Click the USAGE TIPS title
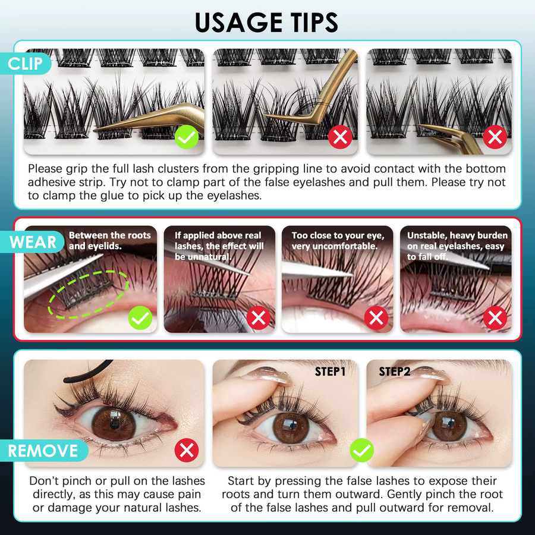(x=266, y=23)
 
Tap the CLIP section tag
(x=25, y=64)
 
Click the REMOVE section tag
(x=43, y=451)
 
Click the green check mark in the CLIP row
(x=187, y=137)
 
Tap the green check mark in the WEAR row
(x=140, y=318)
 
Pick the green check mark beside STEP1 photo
(x=361, y=451)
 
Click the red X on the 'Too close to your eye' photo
(x=376, y=318)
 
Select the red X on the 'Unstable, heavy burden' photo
(x=495, y=318)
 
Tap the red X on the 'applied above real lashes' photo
(x=259, y=318)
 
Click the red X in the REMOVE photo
(x=187, y=451)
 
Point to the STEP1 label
(x=330, y=372)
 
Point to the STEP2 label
(x=395, y=371)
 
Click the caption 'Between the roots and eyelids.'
(x=109, y=241)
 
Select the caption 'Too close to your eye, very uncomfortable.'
(x=338, y=241)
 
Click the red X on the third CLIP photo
(x=495, y=137)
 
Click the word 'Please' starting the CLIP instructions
(x=45, y=169)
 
